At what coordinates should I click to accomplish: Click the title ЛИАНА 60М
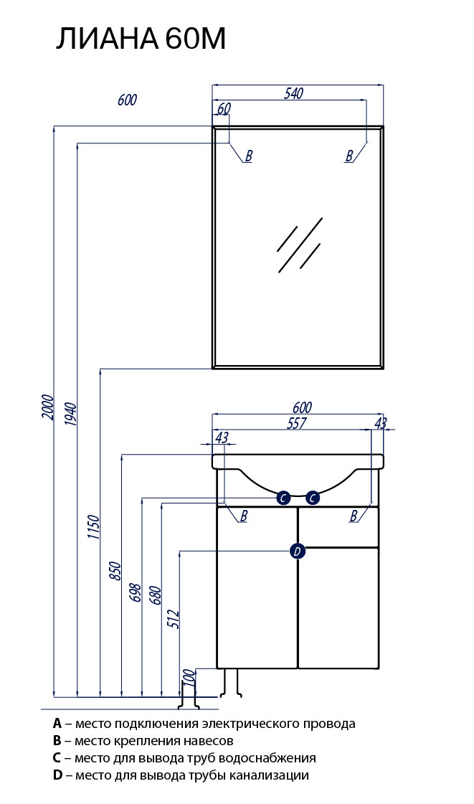tap(141, 39)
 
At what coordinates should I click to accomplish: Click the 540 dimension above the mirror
tap(293, 93)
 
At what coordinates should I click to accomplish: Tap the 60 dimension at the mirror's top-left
tap(224, 109)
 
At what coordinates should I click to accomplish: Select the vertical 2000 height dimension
tap(47, 407)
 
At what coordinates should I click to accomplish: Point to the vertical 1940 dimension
tap(70, 415)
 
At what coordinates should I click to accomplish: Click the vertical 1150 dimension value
tap(93, 527)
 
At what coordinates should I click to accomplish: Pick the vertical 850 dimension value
tap(115, 572)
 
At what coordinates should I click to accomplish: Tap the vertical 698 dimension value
tap(135, 592)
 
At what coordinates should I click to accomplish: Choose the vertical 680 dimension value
tap(156, 595)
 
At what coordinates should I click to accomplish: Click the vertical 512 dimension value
tap(174, 620)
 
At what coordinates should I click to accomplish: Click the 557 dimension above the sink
tap(296, 423)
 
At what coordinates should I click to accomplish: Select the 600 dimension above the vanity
tap(302, 407)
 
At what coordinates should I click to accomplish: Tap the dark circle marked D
tap(297, 552)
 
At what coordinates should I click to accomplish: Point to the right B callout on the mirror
tap(349, 156)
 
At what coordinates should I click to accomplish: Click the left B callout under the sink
tap(244, 516)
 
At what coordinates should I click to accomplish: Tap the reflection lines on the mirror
tap(300, 245)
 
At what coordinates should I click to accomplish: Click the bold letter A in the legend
tap(57, 724)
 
